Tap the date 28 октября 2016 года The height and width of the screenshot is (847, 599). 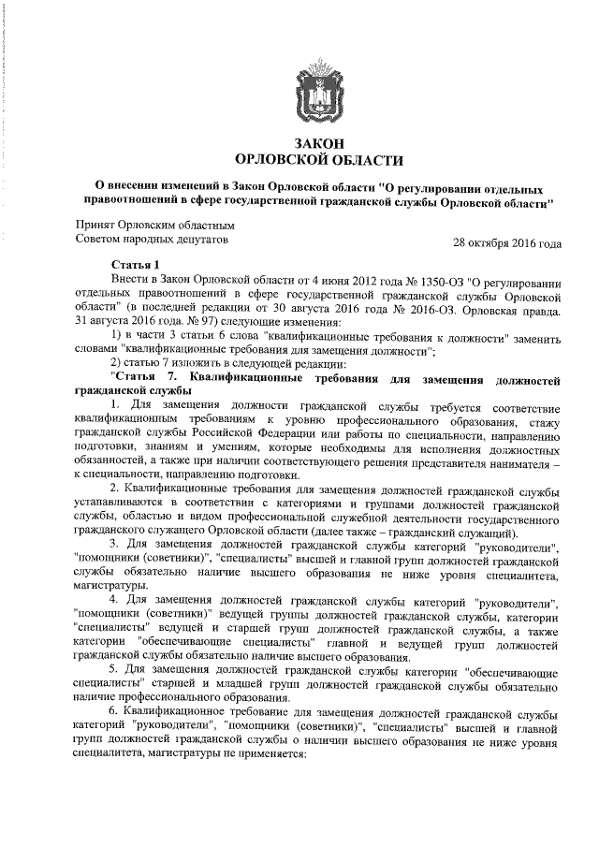click(506, 244)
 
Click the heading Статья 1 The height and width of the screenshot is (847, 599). click(137, 265)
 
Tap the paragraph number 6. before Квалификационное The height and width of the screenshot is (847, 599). click(115, 714)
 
